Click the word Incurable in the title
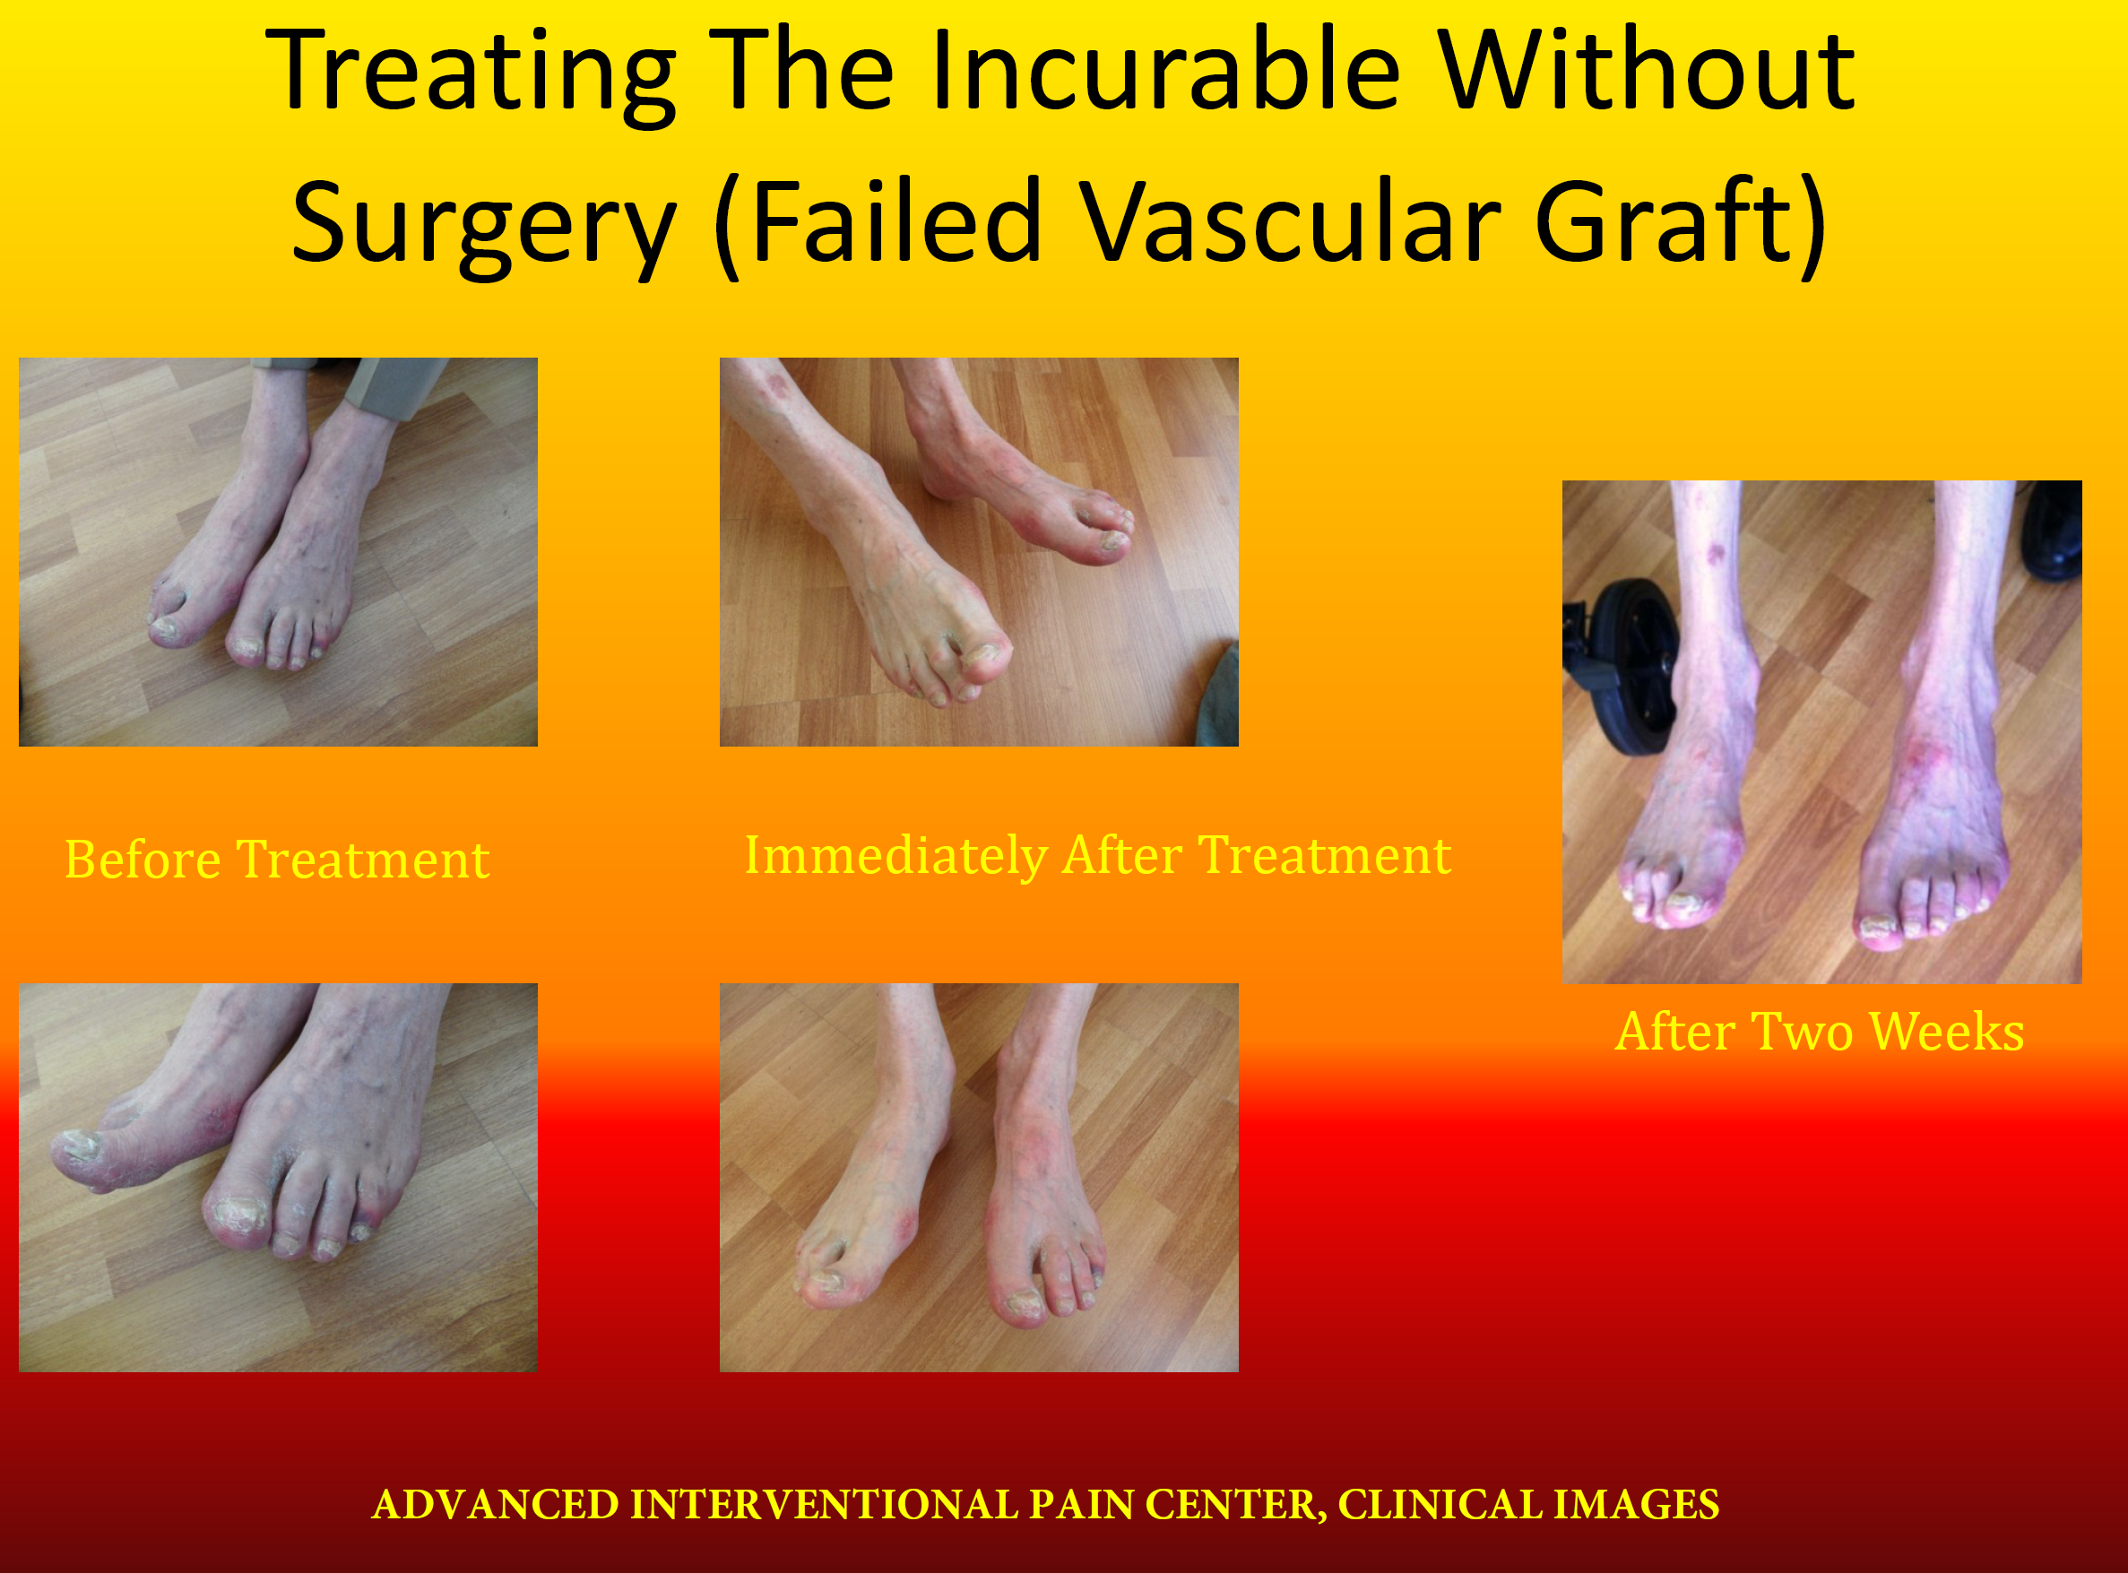(1164, 71)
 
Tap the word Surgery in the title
(484, 225)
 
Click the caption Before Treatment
(277, 859)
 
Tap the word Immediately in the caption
(895, 856)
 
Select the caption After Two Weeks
(1820, 1032)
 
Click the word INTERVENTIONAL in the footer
(825, 1505)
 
